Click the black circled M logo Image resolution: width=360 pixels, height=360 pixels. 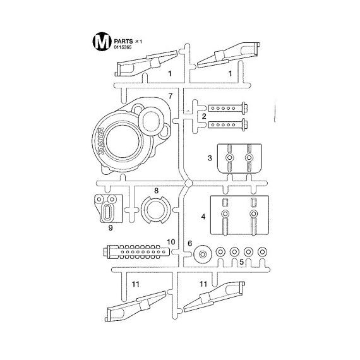pos(102,41)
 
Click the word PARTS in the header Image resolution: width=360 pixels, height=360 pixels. pos(123,41)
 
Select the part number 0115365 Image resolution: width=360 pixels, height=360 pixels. pos(123,47)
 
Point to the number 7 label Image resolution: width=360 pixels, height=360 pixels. pos(170,96)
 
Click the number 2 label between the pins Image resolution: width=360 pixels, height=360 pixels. pos(204,116)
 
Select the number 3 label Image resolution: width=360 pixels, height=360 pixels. pos(210,158)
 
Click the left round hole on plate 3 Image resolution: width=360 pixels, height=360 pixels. pos(229,158)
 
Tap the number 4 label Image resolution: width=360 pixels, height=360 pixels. pos(203,217)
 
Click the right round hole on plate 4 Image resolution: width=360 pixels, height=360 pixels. pos(253,213)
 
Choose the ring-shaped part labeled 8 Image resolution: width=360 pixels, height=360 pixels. pos(155,210)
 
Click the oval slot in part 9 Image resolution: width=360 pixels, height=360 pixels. pos(107,211)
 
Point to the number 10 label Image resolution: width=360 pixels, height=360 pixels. pos(171,242)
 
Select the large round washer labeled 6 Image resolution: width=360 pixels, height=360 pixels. pos(203,255)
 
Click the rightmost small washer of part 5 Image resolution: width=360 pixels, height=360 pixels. pos(262,252)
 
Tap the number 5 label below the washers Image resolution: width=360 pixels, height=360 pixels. pos(241,262)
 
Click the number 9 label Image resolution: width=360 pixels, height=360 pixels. pos(111,228)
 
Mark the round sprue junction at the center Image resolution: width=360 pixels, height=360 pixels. pos(188,183)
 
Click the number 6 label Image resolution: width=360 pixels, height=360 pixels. pos(189,243)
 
